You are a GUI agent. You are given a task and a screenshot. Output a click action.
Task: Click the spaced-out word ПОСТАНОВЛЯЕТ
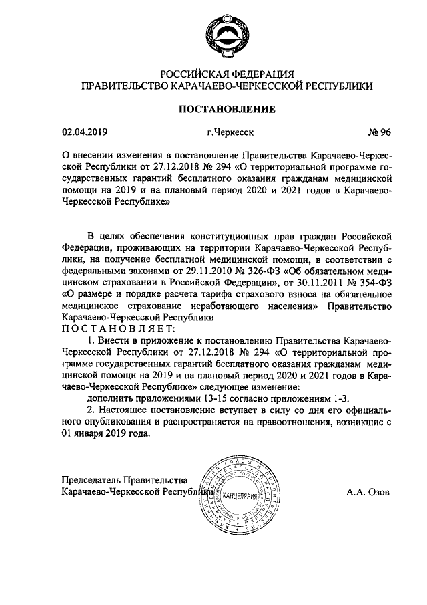click(119, 328)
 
